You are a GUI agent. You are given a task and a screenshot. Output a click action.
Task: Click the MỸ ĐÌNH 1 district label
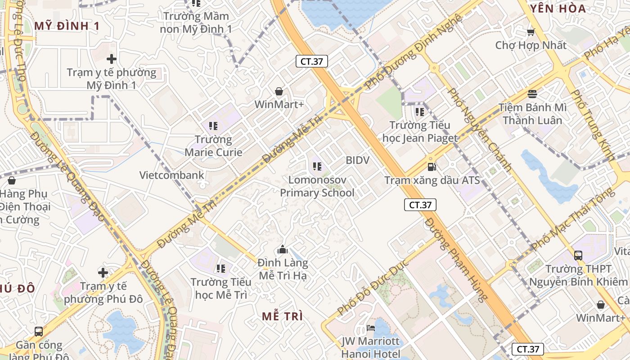tap(67, 26)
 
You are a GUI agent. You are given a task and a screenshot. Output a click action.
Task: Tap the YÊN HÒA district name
tap(558, 9)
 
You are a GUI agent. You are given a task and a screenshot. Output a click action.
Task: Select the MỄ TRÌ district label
tap(283, 316)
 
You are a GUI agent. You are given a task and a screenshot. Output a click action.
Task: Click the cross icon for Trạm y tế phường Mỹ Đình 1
tap(112, 59)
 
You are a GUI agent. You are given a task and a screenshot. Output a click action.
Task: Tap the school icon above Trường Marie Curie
tap(213, 126)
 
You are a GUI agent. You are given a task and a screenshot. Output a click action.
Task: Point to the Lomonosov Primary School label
tap(317, 186)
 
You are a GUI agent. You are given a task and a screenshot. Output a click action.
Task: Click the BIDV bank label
tap(357, 160)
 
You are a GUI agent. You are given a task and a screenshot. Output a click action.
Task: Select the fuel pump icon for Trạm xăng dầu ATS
tap(432, 167)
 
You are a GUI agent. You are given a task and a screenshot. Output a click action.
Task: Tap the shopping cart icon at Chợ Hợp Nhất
tap(531, 32)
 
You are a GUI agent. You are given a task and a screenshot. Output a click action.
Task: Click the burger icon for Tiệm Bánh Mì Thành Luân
tap(532, 94)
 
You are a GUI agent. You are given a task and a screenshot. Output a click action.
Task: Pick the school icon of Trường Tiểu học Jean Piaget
tap(420, 112)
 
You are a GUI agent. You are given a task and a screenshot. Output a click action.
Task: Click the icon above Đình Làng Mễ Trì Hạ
tap(283, 249)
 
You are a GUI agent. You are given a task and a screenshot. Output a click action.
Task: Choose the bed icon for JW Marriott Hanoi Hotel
tap(371, 328)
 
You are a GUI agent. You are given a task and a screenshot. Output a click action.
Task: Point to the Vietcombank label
tap(171, 175)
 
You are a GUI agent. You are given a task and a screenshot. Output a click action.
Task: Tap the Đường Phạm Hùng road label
tap(456, 259)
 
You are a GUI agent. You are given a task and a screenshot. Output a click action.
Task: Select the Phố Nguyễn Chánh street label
tap(480, 130)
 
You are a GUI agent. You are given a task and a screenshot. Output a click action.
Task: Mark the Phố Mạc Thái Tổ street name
tap(572, 220)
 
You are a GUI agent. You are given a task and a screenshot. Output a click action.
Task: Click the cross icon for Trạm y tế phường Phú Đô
tap(103, 272)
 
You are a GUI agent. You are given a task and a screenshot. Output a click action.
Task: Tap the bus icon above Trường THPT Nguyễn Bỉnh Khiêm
tap(578, 256)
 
